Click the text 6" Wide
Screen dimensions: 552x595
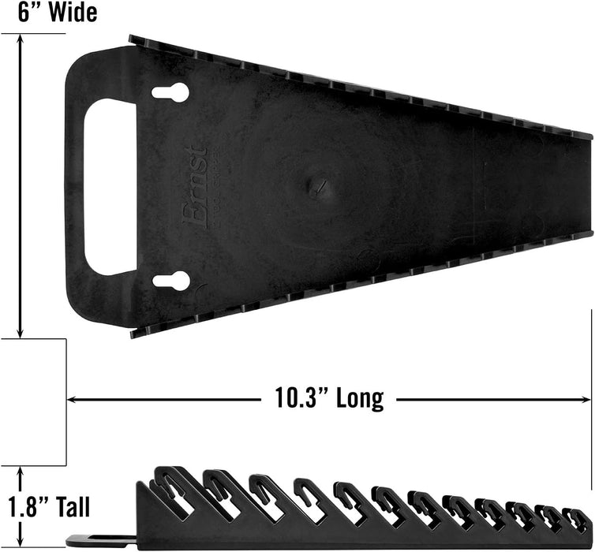(49, 13)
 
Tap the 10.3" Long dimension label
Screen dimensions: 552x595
(324, 398)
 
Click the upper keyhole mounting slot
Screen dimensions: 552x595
(170, 93)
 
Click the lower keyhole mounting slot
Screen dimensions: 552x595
(170, 280)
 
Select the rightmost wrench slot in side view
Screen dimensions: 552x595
(578, 520)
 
